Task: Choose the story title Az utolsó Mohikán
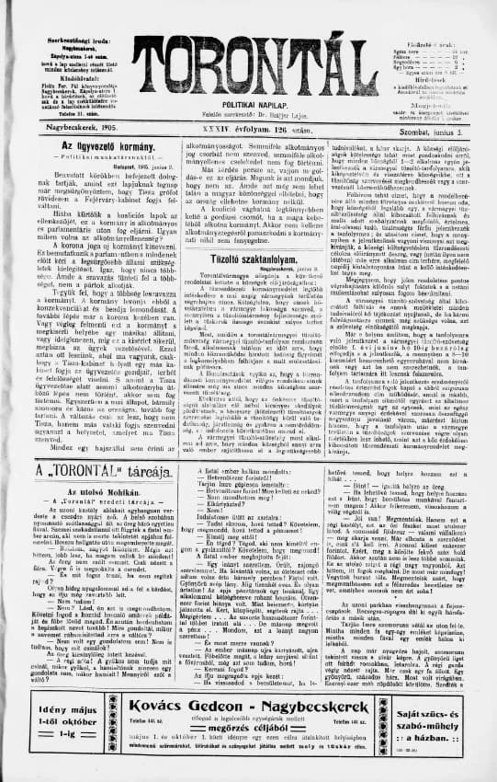[85, 493]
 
